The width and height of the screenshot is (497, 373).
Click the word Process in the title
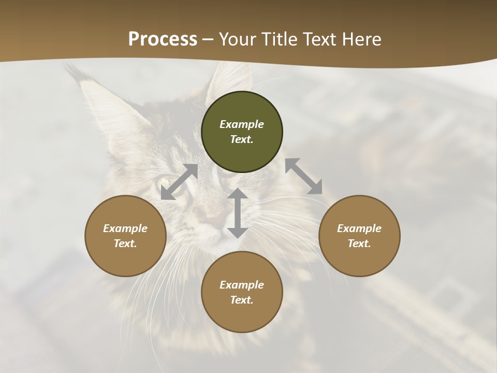pyautogui.click(x=163, y=39)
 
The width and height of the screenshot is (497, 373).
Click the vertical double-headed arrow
pyautogui.click(x=238, y=213)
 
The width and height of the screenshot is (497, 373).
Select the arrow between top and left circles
pyautogui.click(x=180, y=182)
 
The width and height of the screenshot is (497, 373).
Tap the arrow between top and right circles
pyautogui.click(x=304, y=176)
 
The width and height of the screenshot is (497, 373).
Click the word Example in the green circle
pyautogui.click(x=242, y=124)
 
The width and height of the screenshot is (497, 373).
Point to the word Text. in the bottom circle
pyautogui.click(x=242, y=300)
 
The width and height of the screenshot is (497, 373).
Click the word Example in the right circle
pyautogui.click(x=359, y=228)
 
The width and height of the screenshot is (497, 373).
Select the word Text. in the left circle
pyautogui.click(x=125, y=243)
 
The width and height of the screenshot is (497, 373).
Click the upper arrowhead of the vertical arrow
pyautogui.click(x=238, y=193)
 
